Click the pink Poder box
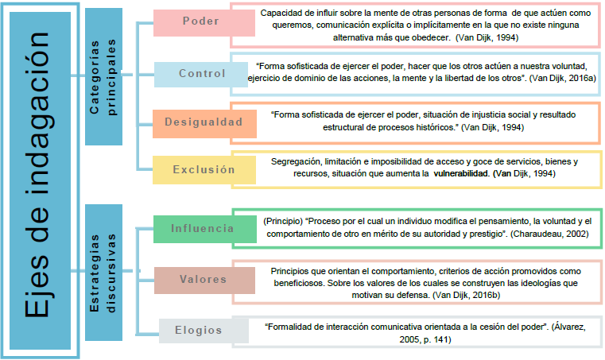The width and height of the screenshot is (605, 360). pos(200,21)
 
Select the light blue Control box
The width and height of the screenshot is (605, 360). pos(200,74)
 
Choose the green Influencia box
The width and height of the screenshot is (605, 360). pos(201,230)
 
